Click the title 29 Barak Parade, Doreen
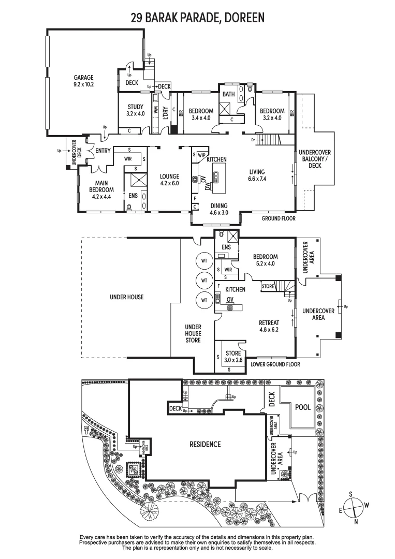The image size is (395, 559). [x=197, y=18]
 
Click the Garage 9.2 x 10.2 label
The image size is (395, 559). [x=83, y=81]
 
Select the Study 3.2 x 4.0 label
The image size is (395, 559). [x=135, y=110]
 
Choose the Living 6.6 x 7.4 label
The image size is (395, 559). [x=257, y=175]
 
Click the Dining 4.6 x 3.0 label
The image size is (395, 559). [x=218, y=209]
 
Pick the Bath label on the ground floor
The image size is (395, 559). [x=228, y=94]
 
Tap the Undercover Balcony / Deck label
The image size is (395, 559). [x=315, y=159]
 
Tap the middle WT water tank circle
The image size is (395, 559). [x=204, y=281]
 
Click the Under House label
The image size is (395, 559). [x=127, y=297]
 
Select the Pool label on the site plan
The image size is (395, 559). [x=303, y=407]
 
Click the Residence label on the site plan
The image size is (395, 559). [x=204, y=444]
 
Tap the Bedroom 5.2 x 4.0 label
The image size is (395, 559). [x=265, y=260]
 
